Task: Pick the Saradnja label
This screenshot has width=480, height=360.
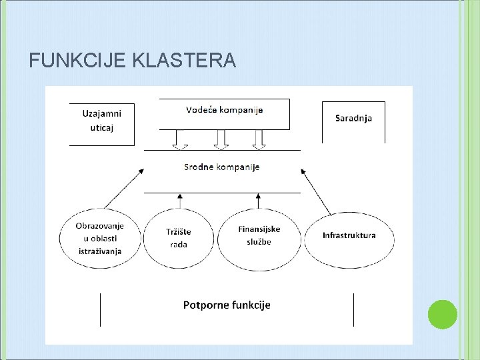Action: (353, 119)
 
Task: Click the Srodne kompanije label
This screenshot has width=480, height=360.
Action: (222, 167)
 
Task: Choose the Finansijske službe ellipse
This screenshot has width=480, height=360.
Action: (259, 235)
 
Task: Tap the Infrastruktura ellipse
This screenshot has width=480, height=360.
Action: (349, 235)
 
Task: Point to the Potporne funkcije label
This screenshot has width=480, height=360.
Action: (227, 305)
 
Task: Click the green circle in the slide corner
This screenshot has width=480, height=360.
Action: (442, 315)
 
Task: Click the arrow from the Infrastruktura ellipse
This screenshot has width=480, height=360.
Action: (316, 191)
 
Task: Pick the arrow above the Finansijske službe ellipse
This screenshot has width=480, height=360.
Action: (257, 201)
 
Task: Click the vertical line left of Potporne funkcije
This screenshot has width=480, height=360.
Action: (101, 309)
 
